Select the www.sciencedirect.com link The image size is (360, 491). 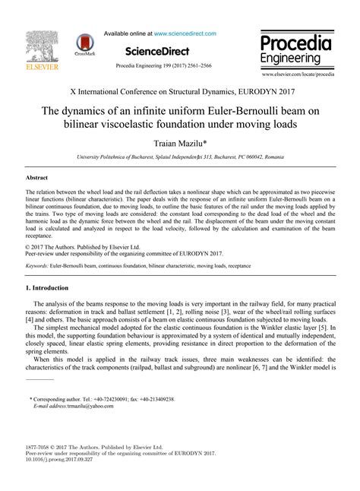pyautogui.click(x=185, y=33)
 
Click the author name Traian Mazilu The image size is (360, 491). pyautogui.click(x=179, y=142)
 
